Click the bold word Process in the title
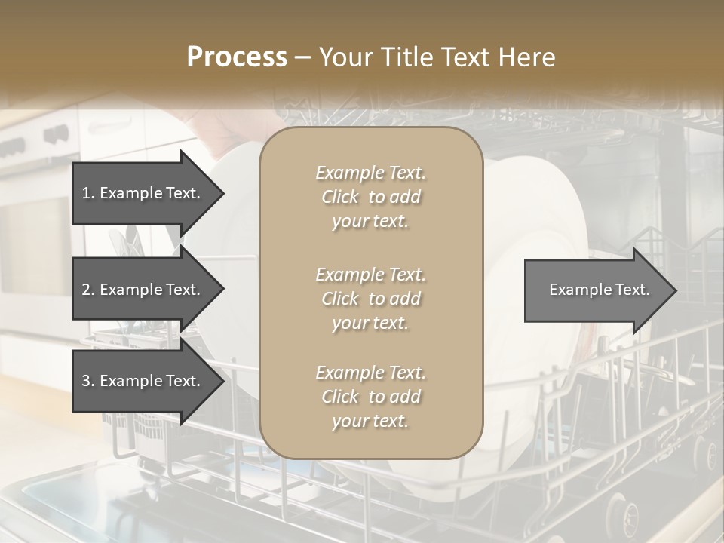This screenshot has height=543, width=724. tap(237, 57)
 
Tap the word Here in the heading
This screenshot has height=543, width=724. tap(526, 57)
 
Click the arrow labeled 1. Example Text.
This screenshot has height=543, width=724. tap(143, 193)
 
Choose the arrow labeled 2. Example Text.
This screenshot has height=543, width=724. tap(143, 290)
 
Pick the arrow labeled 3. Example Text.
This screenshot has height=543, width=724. tap(143, 381)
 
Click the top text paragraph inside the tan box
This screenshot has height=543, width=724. tap(370, 197)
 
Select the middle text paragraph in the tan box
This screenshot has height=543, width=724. tap(370, 299)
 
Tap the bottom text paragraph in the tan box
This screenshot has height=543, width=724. tap(370, 397)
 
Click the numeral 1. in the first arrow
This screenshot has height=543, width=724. tap(88, 194)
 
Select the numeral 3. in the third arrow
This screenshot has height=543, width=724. tap(88, 382)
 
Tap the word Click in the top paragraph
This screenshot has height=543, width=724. tap(340, 197)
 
